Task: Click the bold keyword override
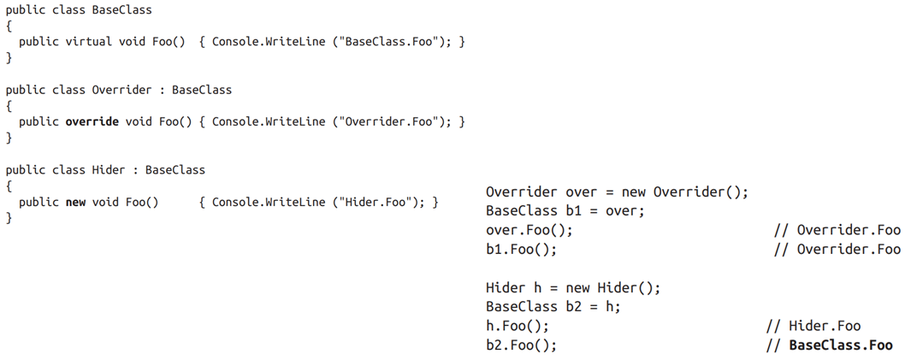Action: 92,122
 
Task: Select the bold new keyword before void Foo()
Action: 75,202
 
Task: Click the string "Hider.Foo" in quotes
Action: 378,202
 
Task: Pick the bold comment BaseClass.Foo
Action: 840,345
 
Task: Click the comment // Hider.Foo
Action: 813,327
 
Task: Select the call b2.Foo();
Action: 521,345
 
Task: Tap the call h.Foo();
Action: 517,327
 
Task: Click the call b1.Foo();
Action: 521,250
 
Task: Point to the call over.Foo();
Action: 529,231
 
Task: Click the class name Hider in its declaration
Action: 108,170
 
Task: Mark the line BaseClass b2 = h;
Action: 553,307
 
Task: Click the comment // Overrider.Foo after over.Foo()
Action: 837,231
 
